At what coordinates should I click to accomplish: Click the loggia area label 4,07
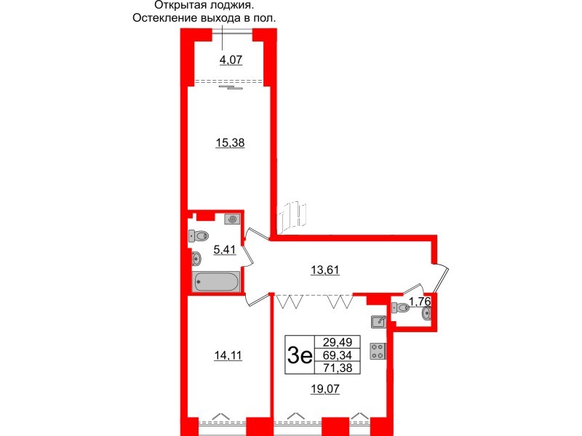click(x=231, y=60)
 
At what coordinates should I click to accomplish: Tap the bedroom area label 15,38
click(x=231, y=143)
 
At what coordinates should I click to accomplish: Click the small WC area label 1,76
click(x=420, y=301)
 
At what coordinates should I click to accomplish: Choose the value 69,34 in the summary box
click(x=336, y=356)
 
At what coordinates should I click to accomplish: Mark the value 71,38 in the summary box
click(x=336, y=368)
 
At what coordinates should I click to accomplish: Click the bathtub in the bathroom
click(x=215, y=282)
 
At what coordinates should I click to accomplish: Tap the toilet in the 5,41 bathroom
click(x=199, y=235)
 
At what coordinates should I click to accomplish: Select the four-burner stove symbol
click(x=378, y=351)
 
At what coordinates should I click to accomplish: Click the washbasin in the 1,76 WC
click(x=427, y=312)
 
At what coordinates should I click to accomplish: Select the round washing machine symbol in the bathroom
click(x=232, y=219)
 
